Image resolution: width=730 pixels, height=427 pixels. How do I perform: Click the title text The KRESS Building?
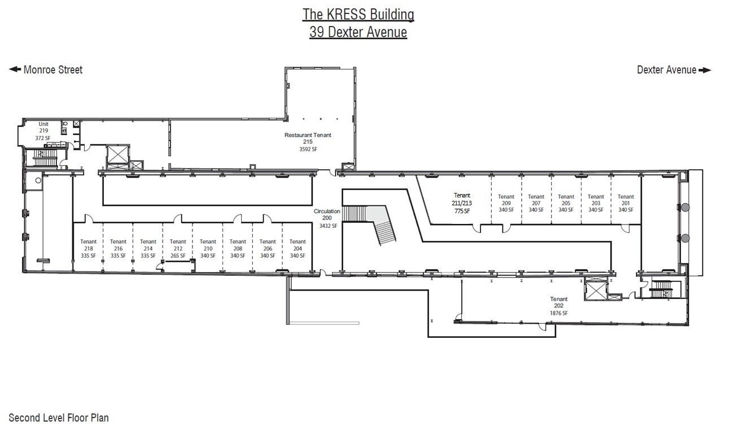(358, 14)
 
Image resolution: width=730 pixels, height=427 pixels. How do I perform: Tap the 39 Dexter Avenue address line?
(358, 32)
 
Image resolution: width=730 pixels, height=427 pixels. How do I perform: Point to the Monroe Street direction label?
(53, 70)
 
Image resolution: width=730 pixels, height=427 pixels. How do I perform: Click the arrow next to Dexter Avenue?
(705, 71)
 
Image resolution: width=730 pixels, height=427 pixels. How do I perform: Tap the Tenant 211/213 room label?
(462, 203)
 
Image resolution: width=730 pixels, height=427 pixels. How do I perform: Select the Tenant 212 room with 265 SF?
(178, 248)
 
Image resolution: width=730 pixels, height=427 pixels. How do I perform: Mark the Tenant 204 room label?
(298, 248)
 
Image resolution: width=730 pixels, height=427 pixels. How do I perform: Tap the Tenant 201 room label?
(626, 203)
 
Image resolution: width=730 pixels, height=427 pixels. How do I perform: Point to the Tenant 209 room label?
(506, 203)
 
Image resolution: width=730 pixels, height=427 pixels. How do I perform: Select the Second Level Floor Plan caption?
(59, 418)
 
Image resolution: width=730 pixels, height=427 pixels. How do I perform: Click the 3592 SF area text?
(308, 149)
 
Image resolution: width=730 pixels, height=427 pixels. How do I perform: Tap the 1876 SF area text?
(559, 313)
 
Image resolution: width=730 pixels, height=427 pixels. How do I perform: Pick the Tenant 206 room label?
(268, 248)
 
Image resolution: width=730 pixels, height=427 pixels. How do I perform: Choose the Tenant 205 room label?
(566, 203)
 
